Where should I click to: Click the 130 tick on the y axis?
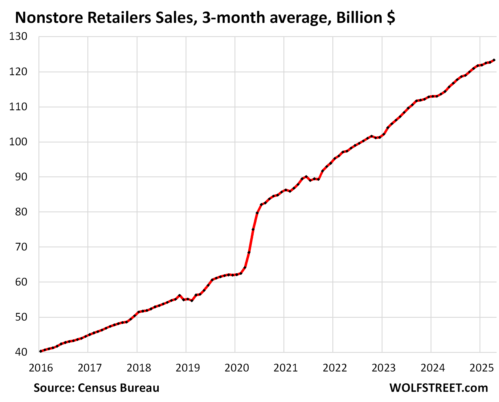(18, 36)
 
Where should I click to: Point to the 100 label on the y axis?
(18, 142)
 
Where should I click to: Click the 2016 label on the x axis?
(41, 368)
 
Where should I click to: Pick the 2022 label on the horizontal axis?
(335, 368)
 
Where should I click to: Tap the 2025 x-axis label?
(481, 368)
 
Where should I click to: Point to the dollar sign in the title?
(391, 18)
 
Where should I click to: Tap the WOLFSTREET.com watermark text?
(439, 388)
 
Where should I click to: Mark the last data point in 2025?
(494, 60)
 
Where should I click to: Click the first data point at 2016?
(41, 351)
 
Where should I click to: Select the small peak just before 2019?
(179, 295)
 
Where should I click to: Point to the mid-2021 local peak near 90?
(306, 177)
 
